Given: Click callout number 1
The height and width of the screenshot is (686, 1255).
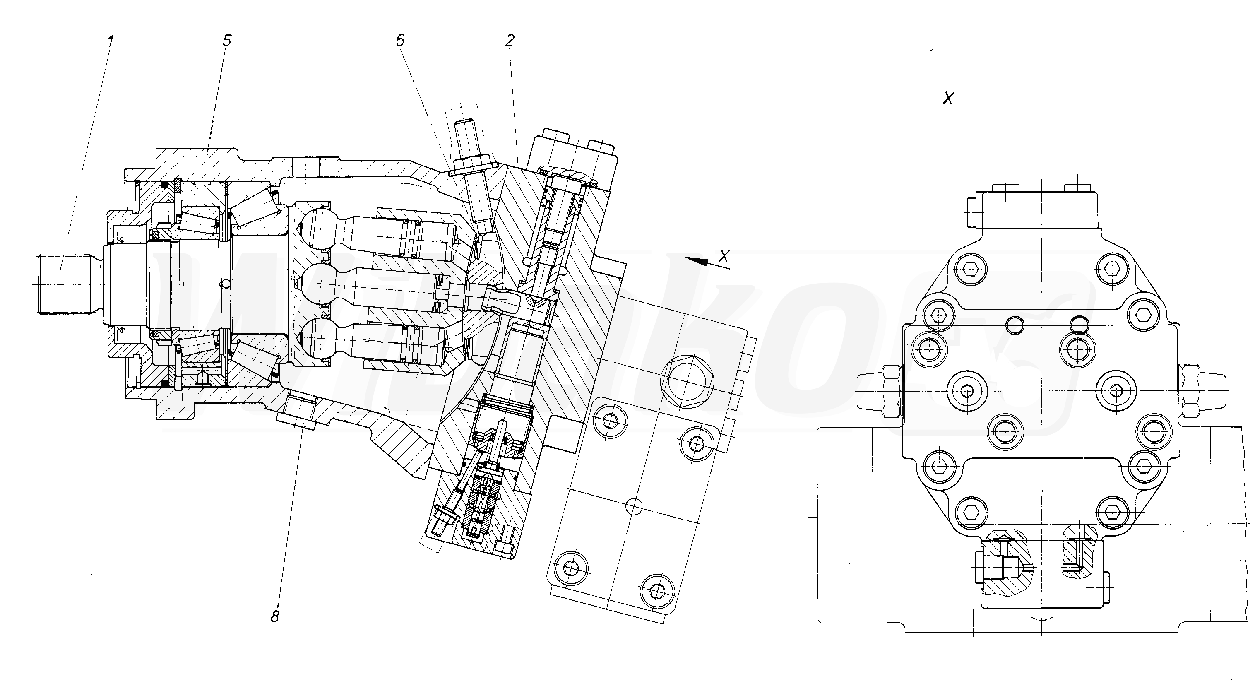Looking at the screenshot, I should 111,41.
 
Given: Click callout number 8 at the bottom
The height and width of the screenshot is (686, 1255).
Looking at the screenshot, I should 275,616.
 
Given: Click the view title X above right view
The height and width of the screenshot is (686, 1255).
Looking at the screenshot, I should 948,99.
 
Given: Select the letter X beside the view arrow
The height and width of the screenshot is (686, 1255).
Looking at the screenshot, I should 725,256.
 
